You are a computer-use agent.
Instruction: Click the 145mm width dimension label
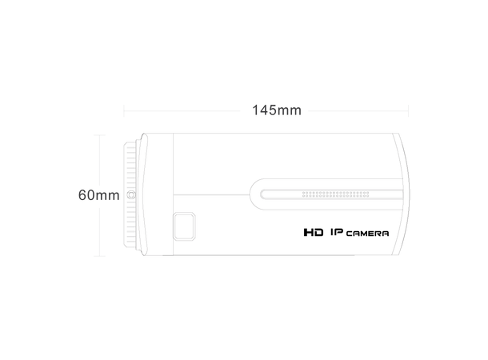coord(277,110)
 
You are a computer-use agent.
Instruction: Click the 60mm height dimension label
coord(99,195)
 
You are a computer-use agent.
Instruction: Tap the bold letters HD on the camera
coord(314,233)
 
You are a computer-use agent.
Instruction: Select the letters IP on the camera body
coord(337,232)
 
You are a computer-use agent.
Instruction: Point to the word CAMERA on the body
coord(367,234)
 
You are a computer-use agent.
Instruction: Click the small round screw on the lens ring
coord(131,195)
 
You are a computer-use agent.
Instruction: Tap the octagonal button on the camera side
coord(184,226)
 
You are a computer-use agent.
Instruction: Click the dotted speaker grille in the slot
coord(335,194)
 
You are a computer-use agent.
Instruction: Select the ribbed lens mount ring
coord(130,194)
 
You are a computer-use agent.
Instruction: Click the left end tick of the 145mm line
coord(124,110)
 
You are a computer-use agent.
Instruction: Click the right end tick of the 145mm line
coord(408,110)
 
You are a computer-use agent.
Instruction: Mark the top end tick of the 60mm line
coord(99,135)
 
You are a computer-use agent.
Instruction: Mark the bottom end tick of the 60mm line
coord(99,256)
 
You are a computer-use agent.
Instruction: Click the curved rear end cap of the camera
coord(402,194)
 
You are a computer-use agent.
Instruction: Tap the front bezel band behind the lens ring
coord(158,194)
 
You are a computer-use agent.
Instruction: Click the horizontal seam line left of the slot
coord(211,195)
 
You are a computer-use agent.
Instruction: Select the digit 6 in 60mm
coord(82,195)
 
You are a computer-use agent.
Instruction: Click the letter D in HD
coord(318,233)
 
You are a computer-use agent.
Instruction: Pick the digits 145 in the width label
coord(264,110)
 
